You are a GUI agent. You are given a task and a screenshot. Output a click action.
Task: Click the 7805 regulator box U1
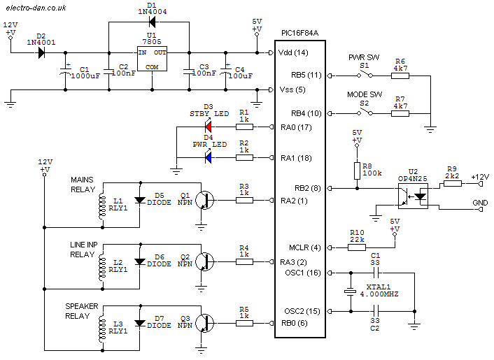[152, 59]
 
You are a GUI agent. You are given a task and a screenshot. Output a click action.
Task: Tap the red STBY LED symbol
[209, 127]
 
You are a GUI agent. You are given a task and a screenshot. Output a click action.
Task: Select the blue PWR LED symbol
[209, 158]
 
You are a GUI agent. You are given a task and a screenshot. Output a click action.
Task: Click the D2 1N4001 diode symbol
[41, 52]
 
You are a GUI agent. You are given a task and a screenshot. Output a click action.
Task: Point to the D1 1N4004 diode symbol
[152, 22]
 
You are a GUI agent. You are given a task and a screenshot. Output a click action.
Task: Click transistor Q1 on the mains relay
[204, 200]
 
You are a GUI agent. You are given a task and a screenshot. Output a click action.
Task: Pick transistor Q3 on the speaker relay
[204, 323]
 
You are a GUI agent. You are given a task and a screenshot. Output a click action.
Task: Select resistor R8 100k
[357, 171]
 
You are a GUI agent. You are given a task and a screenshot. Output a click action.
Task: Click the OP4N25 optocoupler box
[413, 196]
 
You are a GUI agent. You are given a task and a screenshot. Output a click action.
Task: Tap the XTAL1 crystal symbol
[351, 291]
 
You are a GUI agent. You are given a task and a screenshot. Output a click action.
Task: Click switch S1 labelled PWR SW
[365, 75]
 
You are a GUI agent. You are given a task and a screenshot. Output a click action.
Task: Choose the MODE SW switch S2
[365, 113]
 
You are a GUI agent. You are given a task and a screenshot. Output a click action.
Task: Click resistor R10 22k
[357, 247]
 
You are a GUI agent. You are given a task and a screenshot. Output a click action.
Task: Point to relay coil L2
[101, 268]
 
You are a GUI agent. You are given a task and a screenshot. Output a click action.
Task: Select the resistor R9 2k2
[453, 183]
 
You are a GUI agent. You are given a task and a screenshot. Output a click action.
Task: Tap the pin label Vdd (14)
[293, 52]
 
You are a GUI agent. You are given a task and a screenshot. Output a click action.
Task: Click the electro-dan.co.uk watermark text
[36, 8]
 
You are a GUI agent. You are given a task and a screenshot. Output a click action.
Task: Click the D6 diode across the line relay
[140, 261]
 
